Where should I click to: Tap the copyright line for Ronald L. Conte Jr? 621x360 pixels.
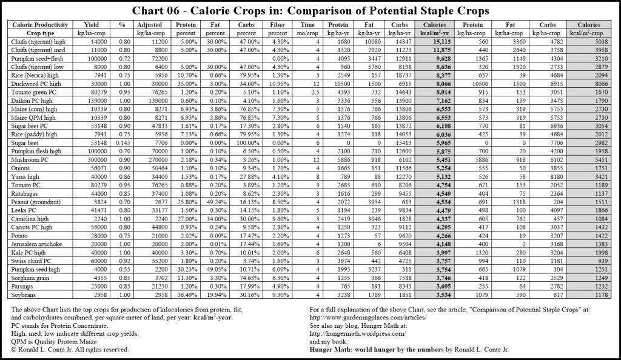pyautogui.click(x=70, y=349)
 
